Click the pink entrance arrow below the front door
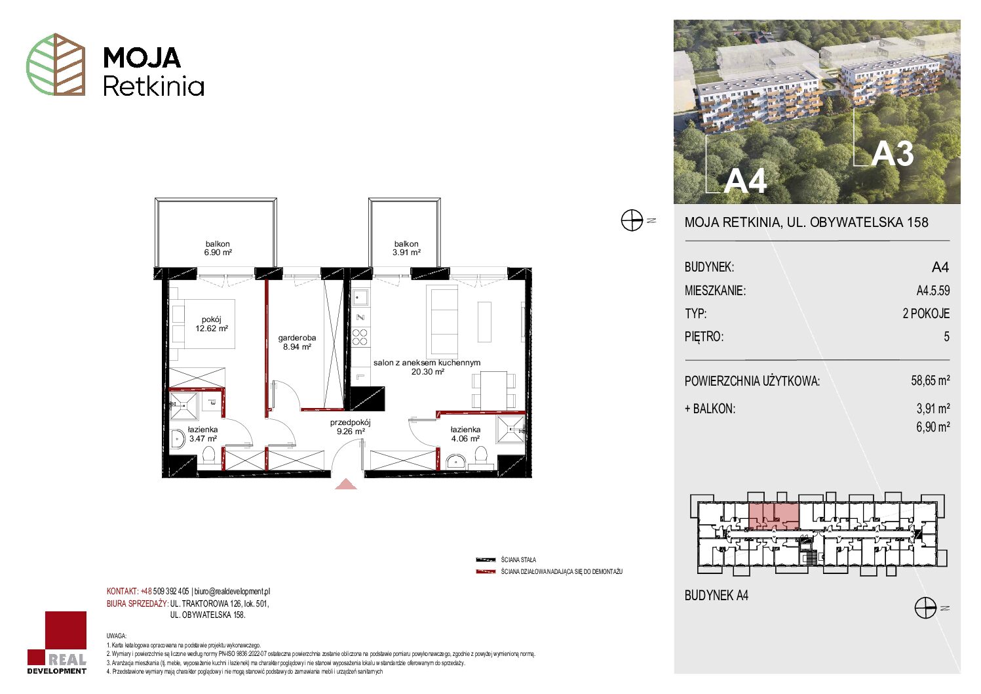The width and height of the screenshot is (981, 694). click(x=346, y=484)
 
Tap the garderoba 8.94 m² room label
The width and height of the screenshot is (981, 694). click(x=297, y=342)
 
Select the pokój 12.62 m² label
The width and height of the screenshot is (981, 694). click(x=212, y=324)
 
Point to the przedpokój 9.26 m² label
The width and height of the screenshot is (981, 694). click(x=351, y=427)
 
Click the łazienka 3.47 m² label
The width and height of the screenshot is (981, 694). click(x=202, y=434)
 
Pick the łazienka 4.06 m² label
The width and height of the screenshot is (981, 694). click(x=465, y=434)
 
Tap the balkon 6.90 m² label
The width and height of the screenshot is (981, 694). click(x=218, y=248)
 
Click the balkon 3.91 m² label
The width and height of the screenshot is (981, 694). click(x=406, y=248)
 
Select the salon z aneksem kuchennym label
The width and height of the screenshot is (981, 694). click(x=427, y=363)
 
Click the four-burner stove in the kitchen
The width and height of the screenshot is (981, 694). click(x=360, y=337)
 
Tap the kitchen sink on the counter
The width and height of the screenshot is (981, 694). click(x=360, y=298)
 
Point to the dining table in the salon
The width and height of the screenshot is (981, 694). click(x=493, y=390)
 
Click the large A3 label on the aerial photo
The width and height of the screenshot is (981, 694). click(x=893, y=154)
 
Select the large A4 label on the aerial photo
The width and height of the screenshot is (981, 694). click(x=745, y=180)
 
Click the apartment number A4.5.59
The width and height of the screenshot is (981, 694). click(x=933, y=291)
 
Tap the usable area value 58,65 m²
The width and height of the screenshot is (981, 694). click(x=931, y=380)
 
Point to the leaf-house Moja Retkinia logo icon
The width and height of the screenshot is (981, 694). click(x=56, y=64)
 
